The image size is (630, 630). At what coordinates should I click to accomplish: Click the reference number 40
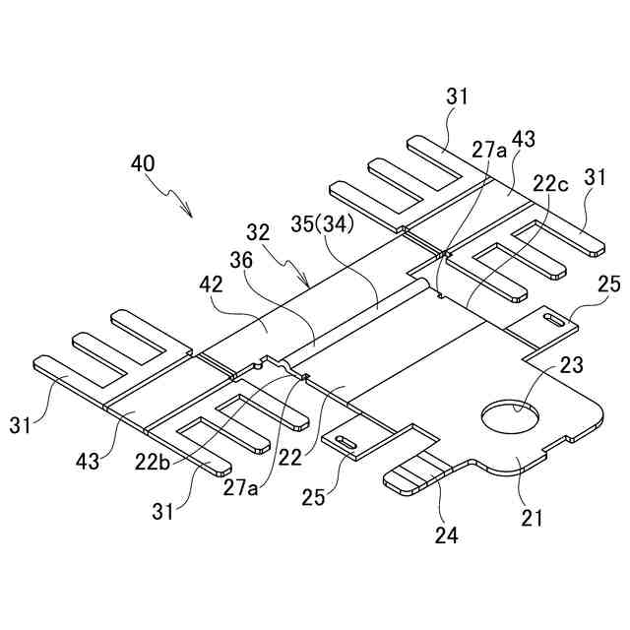click(142, 163)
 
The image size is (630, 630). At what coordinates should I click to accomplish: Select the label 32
click(258, 233)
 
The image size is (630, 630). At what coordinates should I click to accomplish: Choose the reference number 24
click(445, 535)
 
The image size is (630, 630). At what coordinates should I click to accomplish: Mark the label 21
click(533, 516)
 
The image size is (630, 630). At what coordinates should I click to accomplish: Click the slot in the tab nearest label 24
click(346, 443)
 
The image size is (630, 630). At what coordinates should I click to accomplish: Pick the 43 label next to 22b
click(91, 460)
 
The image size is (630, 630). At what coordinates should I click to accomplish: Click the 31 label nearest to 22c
click(593, 178)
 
